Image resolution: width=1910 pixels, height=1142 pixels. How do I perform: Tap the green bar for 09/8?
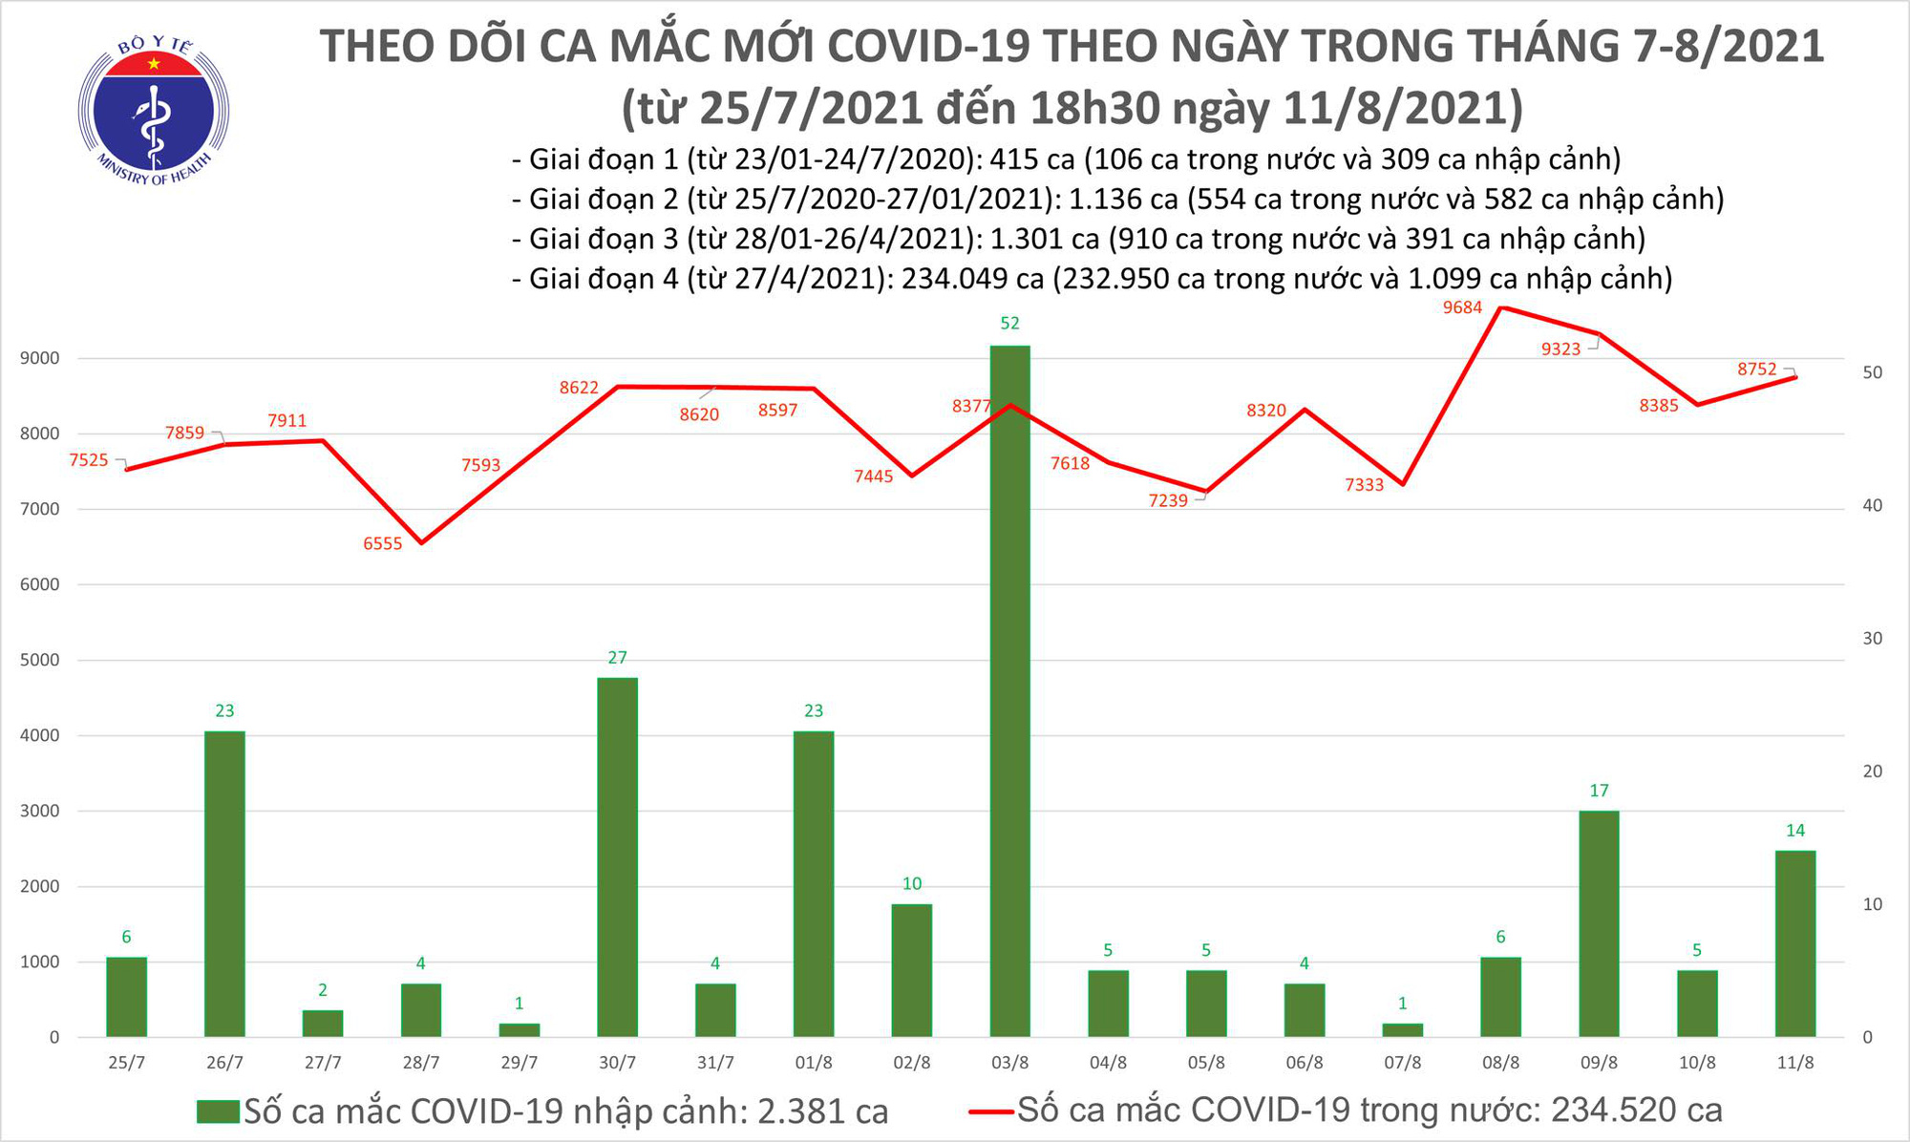1599,923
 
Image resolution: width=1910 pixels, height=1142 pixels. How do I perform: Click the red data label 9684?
1462,307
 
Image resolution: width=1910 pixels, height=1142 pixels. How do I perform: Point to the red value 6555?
382,544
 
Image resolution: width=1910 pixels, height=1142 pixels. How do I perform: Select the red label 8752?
1756,370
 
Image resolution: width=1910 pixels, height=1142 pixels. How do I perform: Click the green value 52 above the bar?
1009,324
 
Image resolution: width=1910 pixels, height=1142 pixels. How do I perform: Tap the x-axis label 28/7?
421,1063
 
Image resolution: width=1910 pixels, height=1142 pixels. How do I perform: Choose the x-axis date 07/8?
1402,1063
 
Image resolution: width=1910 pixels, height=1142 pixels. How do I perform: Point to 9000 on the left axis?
39,358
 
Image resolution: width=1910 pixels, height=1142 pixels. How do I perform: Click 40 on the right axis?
1873,505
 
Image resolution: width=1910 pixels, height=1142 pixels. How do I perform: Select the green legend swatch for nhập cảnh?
218,1111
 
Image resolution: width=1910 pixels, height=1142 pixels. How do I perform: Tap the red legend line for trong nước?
990,1111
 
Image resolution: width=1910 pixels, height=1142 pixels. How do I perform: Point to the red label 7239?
1167,500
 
